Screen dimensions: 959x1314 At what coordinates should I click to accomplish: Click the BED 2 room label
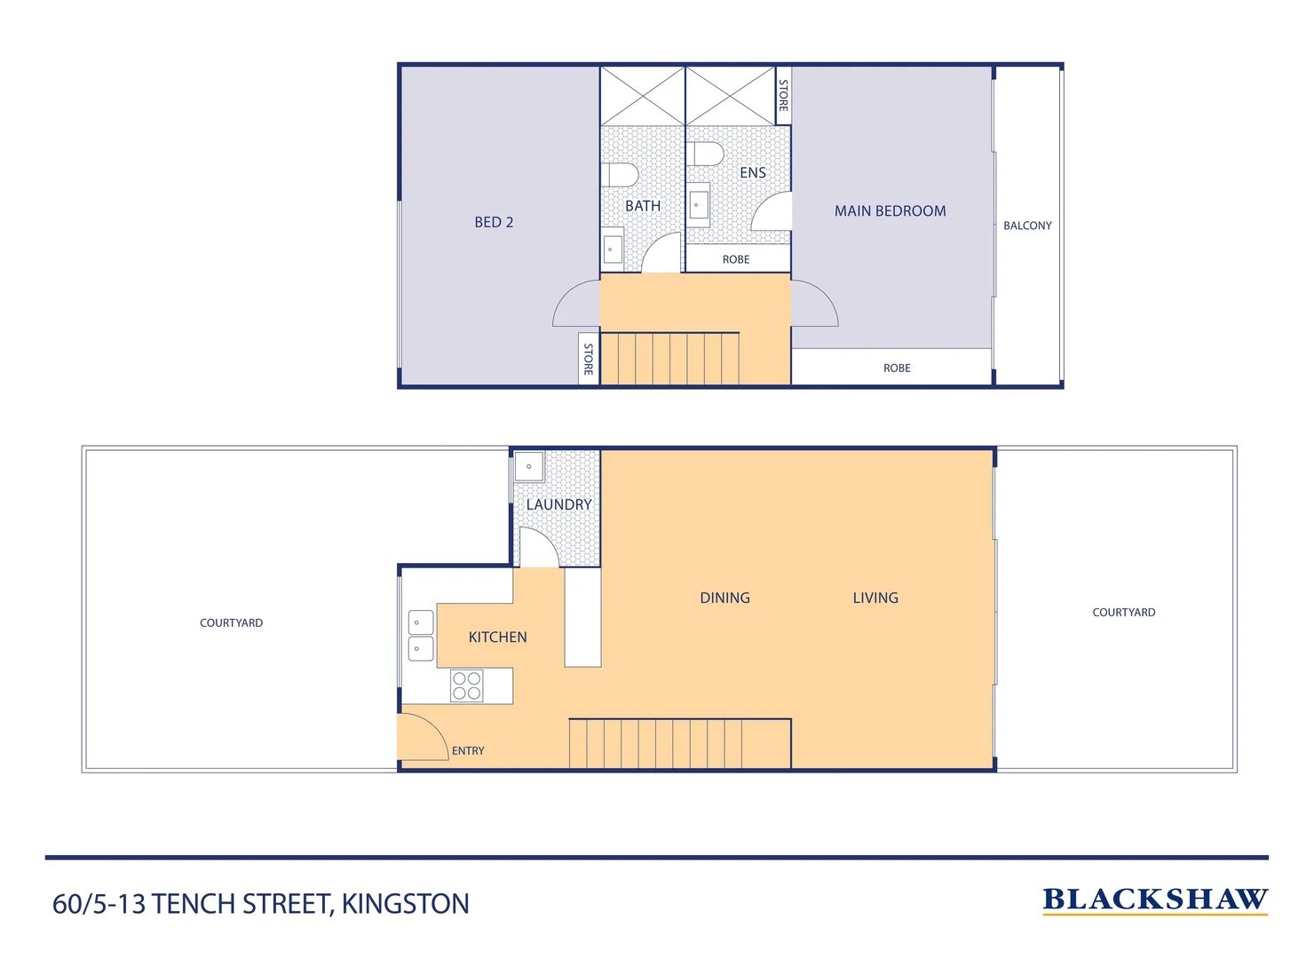pyautogui.click(x=494, y=222)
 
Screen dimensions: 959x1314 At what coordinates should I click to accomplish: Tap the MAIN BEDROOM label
pyautogui.click(x=890, y=211)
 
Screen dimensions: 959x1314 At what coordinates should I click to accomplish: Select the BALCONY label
pyautogui.click(x=1027, y=226)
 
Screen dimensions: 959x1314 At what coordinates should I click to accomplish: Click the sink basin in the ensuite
pyautogui.click(x=699, y=205)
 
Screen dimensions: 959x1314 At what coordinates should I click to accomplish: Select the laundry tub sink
pyautogui.click(x=529, y=466)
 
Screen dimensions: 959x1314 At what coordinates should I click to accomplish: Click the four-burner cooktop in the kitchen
pyautogui.click(x=467, y=686)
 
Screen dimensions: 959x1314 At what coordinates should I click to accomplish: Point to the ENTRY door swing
pyautogui.click(x=423, y=737)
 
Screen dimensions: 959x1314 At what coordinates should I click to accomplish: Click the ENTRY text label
pyautogui.click(x=468, y=751)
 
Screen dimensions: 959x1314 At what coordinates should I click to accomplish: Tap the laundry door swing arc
pyautogui.click(x=538, y=546)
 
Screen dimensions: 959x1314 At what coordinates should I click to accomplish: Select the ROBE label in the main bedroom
pyautogui.click(x=897, y=369)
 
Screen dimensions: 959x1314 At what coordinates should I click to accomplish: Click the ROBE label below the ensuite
pyautogui.click(x=736, y=259)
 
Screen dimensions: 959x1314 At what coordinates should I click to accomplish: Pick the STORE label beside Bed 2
pyautogui.click(x=588, y=359)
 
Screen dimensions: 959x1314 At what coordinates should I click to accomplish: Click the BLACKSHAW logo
pyautogui.click(x=1154, y=900)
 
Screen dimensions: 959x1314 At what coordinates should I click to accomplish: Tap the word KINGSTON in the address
pyautogui.click(x=405, y=904)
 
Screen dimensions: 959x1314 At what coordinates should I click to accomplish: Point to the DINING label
pyautogui.click(x=724, y=598)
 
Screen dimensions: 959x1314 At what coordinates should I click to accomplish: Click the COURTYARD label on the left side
pyautogui.click(x=231, y=623)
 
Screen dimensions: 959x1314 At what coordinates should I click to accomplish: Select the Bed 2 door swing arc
pyautogui.click(x=575, y=304)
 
